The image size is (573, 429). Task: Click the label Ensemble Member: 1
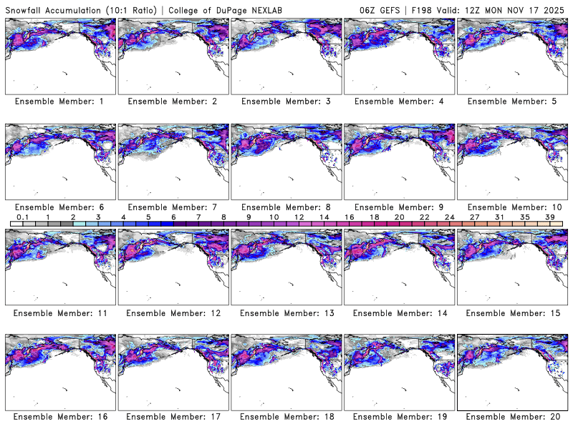pyautogui.click(x=59, y=102)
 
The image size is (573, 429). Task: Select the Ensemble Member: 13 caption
pyautogui.click(x=285, y=312)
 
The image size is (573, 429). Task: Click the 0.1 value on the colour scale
pyautogui.click(x=23, y=217)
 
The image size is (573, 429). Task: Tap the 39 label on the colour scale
pyautogui.click(x=549, y=217)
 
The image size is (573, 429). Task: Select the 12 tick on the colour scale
pyautogui.click(x=298, y=217)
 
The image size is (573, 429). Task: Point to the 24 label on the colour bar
pyautogui.click(x=449, y=217)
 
